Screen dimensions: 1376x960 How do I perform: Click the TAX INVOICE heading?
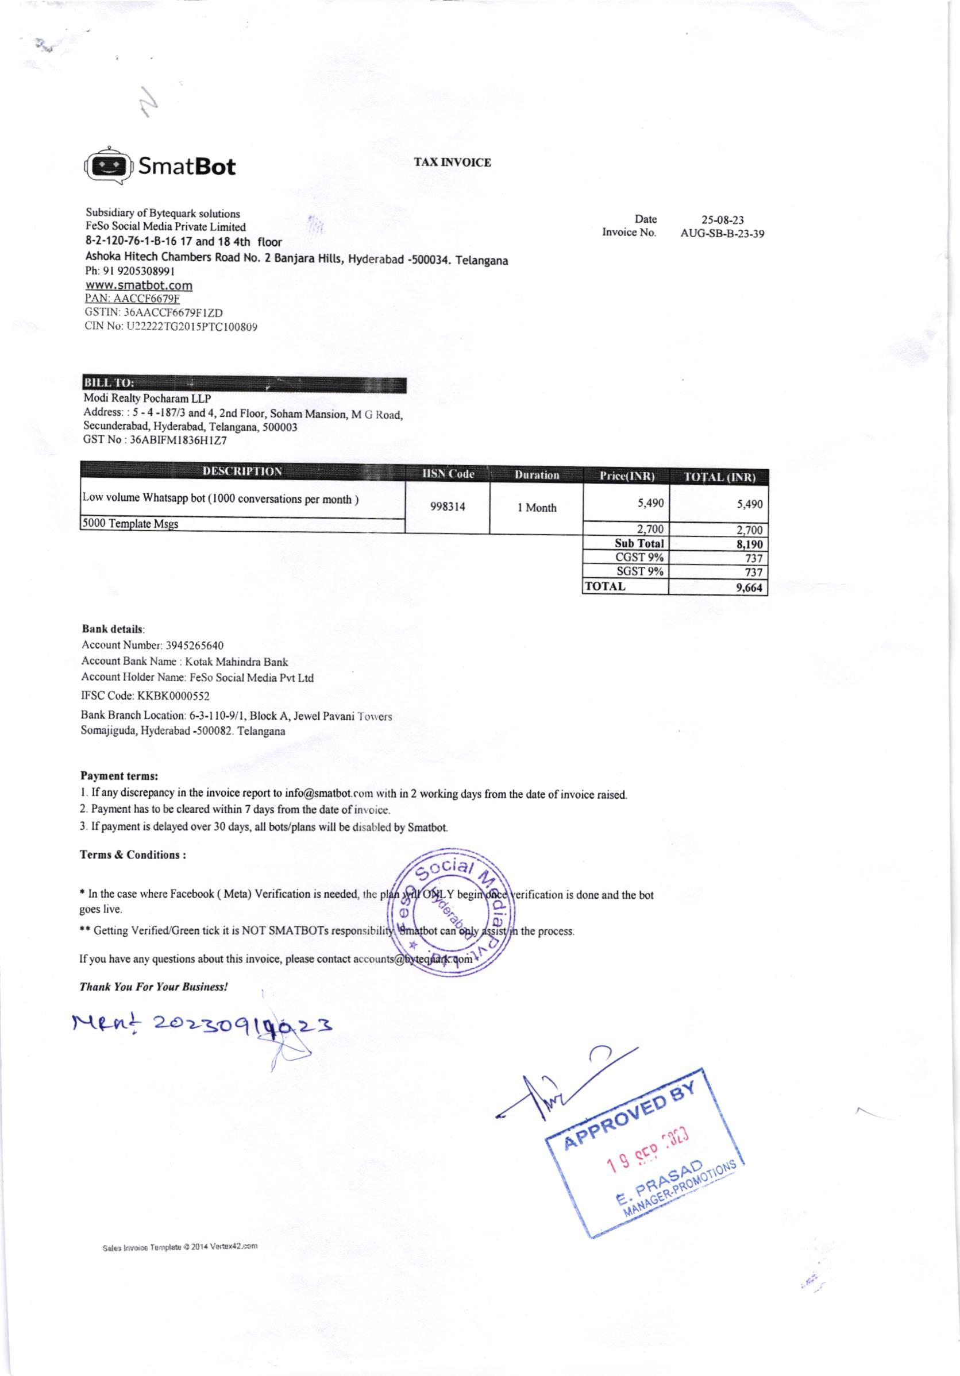(x=452, y=163)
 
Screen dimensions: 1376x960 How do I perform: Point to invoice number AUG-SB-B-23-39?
(x=722, y=234)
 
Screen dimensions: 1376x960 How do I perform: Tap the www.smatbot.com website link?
(x=139, y=285)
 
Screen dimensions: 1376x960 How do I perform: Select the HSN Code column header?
(x=448, y=474)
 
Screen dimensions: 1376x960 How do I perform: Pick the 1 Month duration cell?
(x=537, y=508)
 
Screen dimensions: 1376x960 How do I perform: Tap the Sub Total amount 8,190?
(x=749, y=544)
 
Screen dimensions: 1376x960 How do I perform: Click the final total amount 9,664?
(x=749, y=587)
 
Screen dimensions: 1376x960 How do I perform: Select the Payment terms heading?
(x=119, y=775)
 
